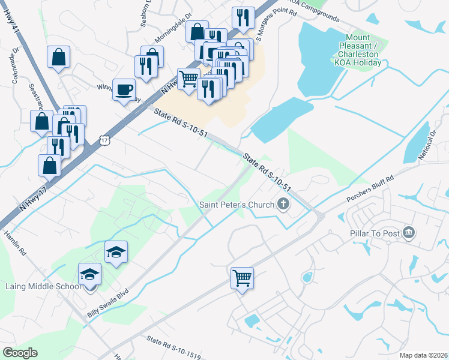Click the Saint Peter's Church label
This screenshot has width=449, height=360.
click(237, 205)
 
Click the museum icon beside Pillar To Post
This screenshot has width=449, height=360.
click(409, 232)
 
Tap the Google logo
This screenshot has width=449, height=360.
click(20, 353)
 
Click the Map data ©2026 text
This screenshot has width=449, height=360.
click(423, 355)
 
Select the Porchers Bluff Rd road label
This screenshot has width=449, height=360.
click(369, 188)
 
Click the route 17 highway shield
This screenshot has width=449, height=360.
click(106, 140)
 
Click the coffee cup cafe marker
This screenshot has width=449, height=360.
click(124, 90)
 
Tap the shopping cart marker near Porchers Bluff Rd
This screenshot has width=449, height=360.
click(243, 278)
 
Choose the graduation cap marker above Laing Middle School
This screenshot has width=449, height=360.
click(116, 252)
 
